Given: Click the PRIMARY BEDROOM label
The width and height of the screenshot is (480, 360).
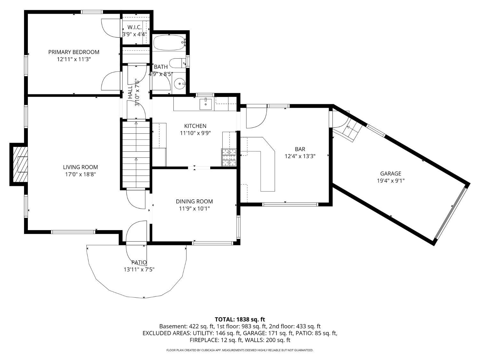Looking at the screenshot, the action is pos(74,52).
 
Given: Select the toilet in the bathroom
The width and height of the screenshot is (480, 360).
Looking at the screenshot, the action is pos(177,63).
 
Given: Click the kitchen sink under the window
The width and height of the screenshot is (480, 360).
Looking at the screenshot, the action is pos(205,104).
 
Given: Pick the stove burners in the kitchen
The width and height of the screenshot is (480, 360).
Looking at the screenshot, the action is pos(229,157).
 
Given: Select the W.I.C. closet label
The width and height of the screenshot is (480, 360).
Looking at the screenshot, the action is pos(134,27).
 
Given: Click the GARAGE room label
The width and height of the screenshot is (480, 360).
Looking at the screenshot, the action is pos(391,173).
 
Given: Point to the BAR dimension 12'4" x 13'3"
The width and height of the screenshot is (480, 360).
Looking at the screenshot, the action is pos(300,156).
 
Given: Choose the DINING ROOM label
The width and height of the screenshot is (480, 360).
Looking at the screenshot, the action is pos(194,201).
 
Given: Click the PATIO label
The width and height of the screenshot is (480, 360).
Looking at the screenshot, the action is pos(139,262).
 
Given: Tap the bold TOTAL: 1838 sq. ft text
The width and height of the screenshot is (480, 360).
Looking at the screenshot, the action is pos(240,320).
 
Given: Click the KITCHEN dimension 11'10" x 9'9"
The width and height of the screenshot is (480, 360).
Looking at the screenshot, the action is pos(195,133).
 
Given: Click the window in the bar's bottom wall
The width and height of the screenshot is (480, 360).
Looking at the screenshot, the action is pos(290,204).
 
